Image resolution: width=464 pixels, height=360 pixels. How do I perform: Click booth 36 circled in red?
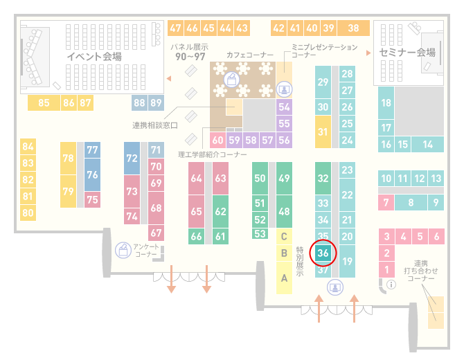(x=323, y=253)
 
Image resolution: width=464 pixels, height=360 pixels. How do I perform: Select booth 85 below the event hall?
(x=44, y=102)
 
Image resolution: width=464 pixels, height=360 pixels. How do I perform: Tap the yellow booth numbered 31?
(x=323, y=132)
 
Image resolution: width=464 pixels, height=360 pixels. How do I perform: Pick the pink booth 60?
(x=217, y=140)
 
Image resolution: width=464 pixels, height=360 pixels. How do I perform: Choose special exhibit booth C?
(x=284, y=236)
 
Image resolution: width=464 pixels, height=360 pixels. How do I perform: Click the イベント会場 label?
(x=94, y=56)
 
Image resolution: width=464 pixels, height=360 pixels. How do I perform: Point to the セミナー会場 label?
(x=407, y=53)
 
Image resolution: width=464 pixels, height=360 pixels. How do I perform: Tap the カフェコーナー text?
(x=250, y=55)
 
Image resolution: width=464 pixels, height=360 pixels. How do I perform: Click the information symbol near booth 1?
(x=391, y=285)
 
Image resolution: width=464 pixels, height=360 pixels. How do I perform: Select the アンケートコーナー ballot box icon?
(x=123, y=250)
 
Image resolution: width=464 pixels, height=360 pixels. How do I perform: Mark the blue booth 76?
(x=92, y=174)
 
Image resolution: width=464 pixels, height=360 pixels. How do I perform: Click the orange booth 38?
(x=354, y=28)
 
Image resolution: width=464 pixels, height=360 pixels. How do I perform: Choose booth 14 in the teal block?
(x=427, y=145)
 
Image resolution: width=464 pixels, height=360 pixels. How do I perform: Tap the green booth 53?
(x=260, y=234)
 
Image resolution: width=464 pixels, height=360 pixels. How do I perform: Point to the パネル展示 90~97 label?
(x=190, y=52)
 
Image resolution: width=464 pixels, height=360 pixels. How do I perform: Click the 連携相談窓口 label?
(x=155, y=125)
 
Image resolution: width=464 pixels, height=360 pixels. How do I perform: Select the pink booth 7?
(x=386, y=202)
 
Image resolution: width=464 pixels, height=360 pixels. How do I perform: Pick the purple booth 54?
(x=284, y=107)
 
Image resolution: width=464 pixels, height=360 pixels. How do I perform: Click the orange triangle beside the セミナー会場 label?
(x=368, y=53)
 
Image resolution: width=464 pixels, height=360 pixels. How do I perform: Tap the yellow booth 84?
(x=28, y=147)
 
